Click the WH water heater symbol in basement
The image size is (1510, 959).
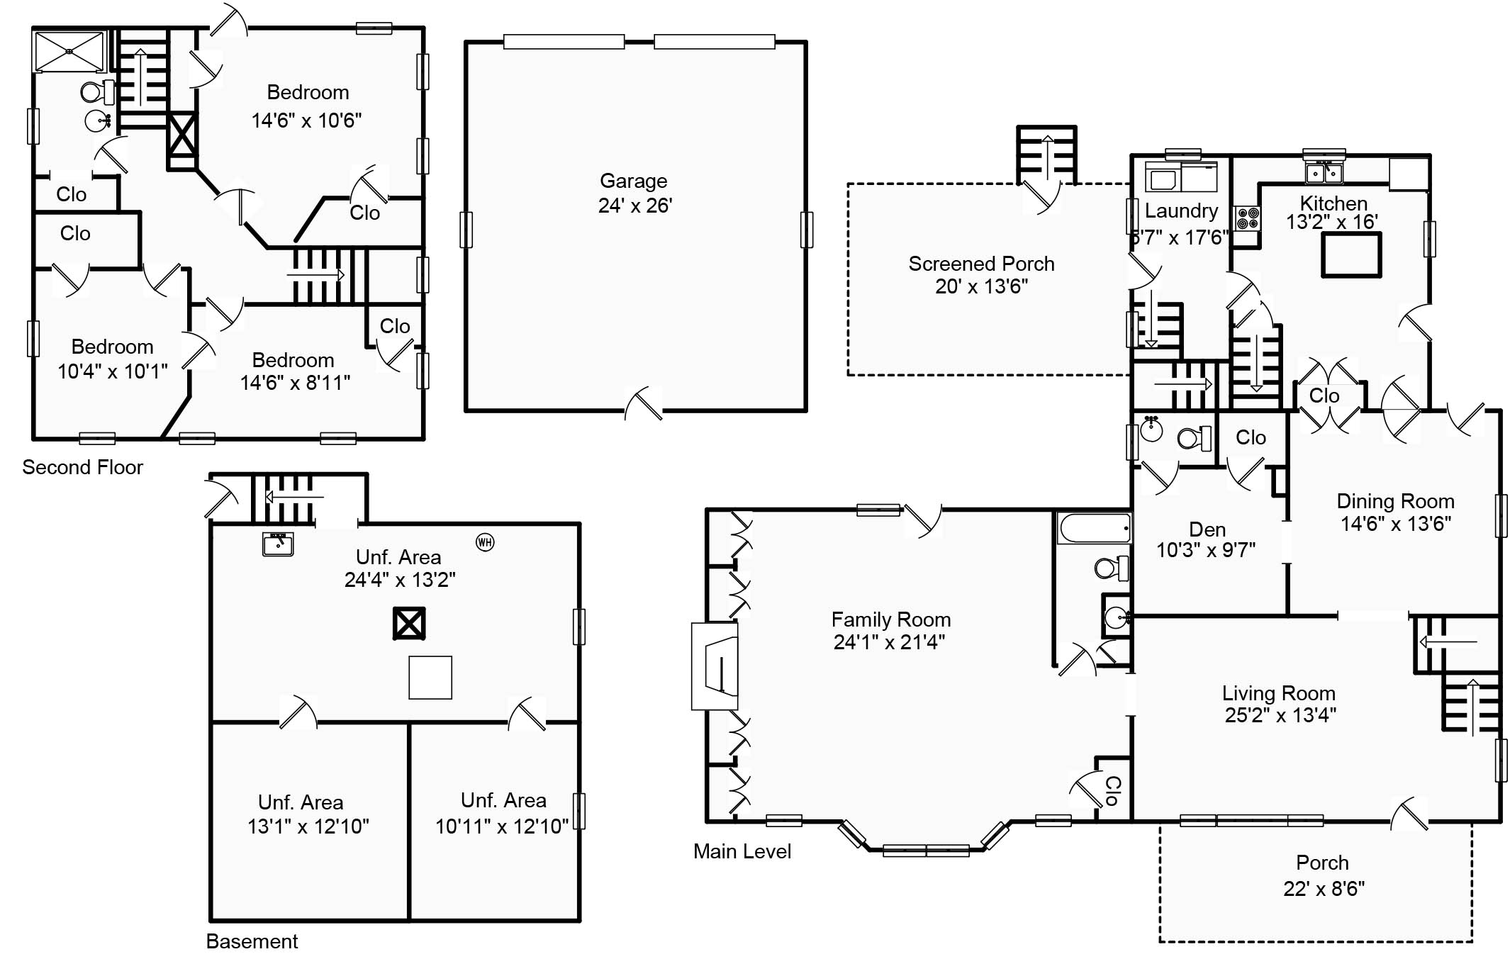pos(485,543)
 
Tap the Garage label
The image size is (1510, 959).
pos(634,181)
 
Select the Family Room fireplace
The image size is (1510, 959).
pos(716,666)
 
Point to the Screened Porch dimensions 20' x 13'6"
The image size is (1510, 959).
pos(981,286)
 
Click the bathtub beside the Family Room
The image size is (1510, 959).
pos(1094,528)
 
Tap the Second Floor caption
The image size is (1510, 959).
pos(82,467)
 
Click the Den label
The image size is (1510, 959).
pos(1207,529)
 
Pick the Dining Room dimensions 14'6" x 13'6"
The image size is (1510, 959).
pos(1395,524)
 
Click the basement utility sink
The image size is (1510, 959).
pos(278,544)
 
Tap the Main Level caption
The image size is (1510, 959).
pos(742,851)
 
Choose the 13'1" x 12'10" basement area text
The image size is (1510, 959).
pos(308,826)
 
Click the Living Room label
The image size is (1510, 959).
pos(1278,693)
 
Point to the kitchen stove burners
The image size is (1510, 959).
pos(1248,218)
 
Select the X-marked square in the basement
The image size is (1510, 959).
pos(409,624)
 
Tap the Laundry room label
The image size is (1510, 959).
pos(1181,211)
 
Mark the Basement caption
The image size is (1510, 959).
pos(252,941)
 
